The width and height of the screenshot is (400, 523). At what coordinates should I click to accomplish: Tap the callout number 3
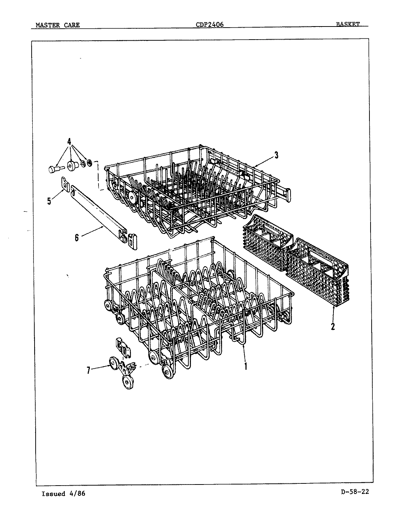(x=276, y=155)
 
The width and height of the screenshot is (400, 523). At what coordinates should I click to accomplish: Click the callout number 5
(x=49, y=200)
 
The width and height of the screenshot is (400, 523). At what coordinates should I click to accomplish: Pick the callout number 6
(x=77, y=237)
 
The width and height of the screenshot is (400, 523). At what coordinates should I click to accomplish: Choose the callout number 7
(x=88, y=370)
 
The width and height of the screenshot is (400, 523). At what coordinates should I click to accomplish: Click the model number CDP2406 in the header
(x=209, y=25)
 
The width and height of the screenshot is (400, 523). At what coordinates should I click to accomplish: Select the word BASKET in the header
(x=348, y=24)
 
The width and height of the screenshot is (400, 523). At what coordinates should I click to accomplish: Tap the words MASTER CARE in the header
(x=57, y=25)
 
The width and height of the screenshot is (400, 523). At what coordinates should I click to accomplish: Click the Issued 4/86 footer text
(x=63, y=494)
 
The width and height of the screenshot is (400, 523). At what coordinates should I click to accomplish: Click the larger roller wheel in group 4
(x=73, y=166)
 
